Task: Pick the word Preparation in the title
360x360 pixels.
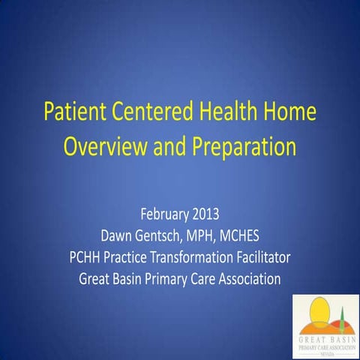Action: pyautogui.click(x=232, y=145)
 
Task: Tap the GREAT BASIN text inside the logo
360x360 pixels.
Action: pyautogui.click(x=325, y=340)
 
